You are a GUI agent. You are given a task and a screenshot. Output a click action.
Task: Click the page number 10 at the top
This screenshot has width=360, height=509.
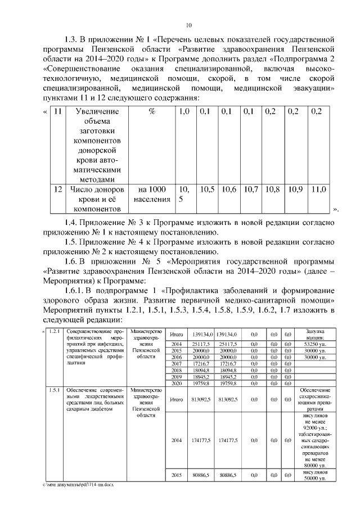[189, 25]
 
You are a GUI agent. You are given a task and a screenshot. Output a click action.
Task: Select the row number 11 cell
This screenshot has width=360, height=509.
[56, 111]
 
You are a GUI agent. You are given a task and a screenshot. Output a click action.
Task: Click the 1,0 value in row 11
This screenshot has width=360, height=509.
[184, 111]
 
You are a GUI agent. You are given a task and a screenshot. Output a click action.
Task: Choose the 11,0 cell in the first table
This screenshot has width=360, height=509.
[319, 190]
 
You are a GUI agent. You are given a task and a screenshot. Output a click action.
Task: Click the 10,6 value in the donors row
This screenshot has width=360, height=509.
[229, 190]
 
